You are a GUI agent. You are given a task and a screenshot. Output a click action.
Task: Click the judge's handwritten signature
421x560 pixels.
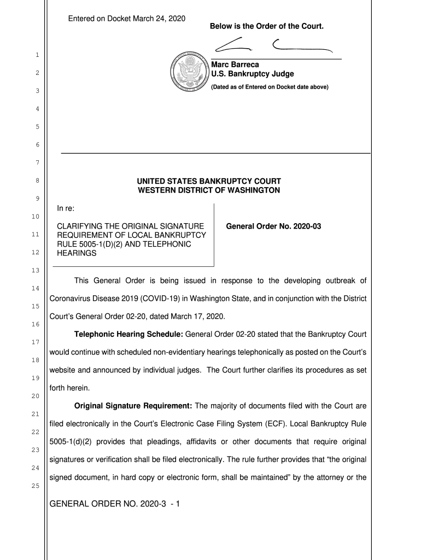click(273, 45)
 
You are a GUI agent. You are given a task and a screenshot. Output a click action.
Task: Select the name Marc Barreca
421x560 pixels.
click(231, 65)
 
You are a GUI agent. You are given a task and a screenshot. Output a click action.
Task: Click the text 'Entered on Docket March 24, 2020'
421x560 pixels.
click(126, 19)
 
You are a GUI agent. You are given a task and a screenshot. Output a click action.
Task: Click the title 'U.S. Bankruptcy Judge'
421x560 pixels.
click(252, 74)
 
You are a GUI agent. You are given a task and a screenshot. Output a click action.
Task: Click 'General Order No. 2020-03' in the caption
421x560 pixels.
click(273, 226)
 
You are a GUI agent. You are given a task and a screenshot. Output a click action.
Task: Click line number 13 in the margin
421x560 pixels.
click(36, 271)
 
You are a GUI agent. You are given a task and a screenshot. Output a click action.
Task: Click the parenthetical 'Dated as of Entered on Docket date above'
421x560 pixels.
click(270, 86)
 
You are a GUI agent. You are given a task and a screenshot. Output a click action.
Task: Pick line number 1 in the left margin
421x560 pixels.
click(36, 55)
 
